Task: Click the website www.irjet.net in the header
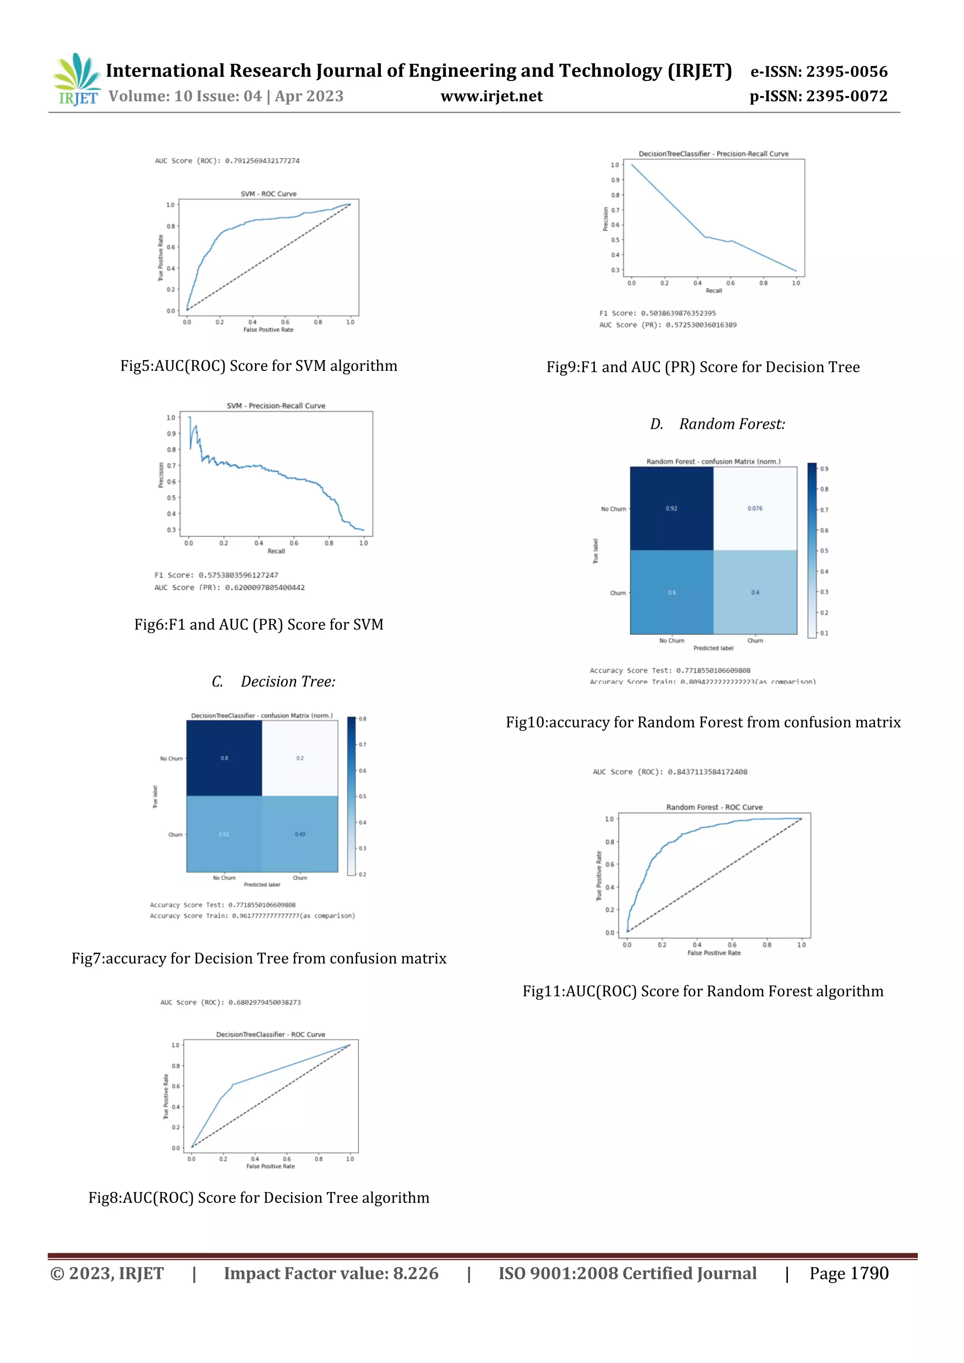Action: (x=491, y=96)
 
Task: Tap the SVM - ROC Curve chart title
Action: (x=268, y=193)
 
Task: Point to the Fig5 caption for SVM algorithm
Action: (x=259, y=366)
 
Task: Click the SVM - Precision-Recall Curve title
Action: (x=276, y=405)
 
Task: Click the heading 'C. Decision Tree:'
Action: (x=273, y=681)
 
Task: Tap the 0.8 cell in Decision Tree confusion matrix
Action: (x=225, y=758)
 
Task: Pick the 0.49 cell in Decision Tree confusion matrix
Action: (x=300, y=834)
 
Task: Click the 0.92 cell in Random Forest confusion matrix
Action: (x=671, y=509)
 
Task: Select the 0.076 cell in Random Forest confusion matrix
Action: (x=755, y=509)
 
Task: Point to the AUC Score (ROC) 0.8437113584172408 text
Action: (x=670, y=772)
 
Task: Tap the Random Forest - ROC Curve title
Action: (x=714, y=807)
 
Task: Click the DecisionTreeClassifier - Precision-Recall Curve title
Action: (x=714, y=154)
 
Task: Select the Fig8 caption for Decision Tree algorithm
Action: (x=259, y=1197)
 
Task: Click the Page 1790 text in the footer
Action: (x=849, y=1274)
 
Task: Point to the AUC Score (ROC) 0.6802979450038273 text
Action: (x=230, y=1002)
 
